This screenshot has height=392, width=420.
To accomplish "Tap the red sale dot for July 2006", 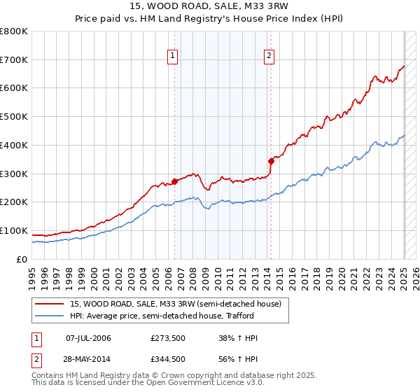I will point(174,181).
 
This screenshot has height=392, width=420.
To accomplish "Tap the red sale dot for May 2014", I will point(271,161).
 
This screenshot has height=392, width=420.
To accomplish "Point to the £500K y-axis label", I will point(14,117).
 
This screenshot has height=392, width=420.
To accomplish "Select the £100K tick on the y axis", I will point(14,230).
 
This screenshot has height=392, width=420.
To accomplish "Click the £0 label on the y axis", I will point(22,259).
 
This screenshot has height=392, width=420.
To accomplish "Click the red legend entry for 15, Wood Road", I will point(175,304).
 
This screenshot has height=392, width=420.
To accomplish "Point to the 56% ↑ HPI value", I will point(239,359).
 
